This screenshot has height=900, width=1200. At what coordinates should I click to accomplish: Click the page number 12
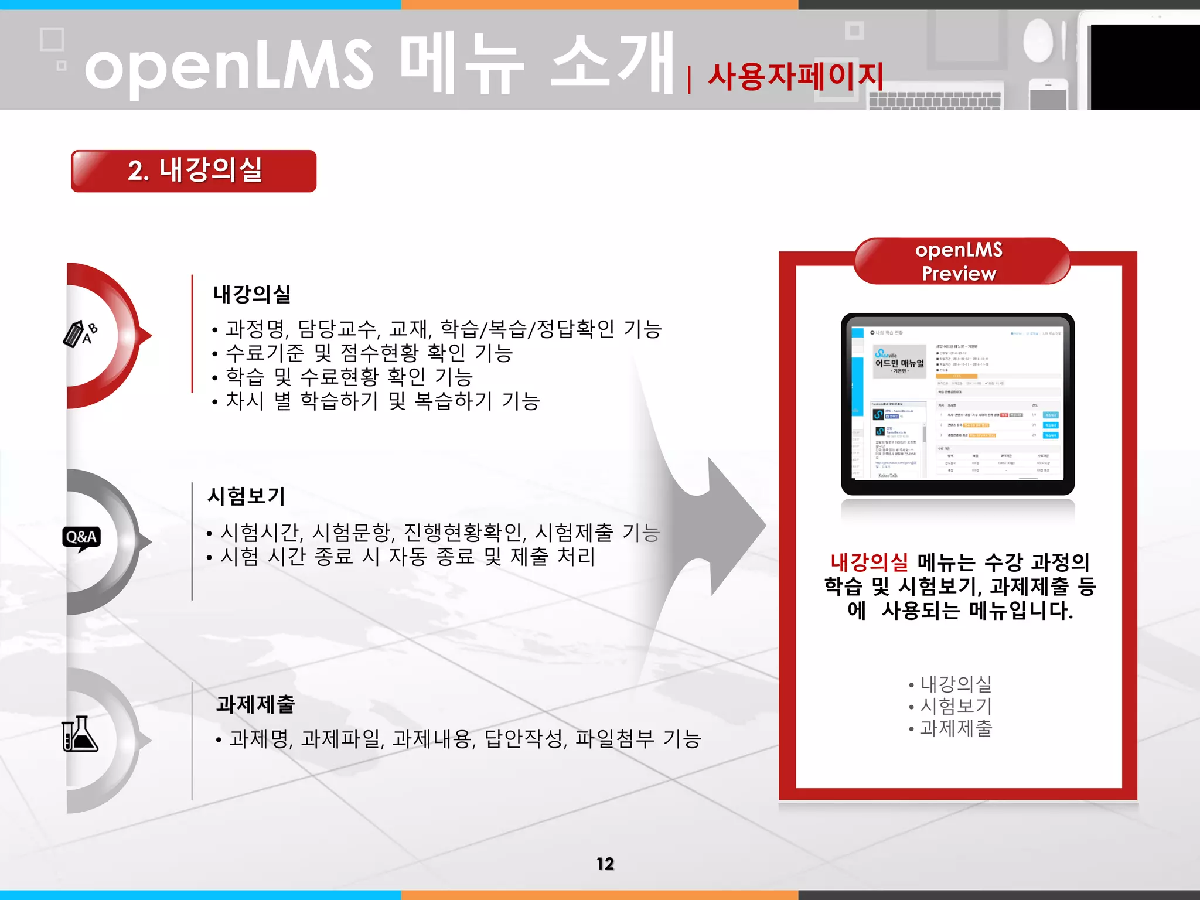click(x=605, y=864)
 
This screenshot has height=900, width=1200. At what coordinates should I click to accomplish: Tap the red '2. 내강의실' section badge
click(x=194, y=171)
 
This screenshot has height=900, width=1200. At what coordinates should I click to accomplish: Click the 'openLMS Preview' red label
click(x=959, y=261)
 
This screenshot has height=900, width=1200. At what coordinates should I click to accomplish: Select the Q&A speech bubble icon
click(x=81, y=538)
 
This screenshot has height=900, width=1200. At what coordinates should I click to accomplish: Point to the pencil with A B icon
click(x=80, y=334)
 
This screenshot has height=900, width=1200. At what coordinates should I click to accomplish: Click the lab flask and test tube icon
click(x=80, y=734)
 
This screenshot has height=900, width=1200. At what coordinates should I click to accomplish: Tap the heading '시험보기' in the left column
click(x=247, y=496)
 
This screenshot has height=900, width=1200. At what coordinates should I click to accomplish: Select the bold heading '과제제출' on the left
click(x=255, y=704)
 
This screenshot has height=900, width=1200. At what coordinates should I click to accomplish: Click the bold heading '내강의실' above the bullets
click(x=252, y=294)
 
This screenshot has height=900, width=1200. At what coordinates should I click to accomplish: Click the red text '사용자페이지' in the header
click(x=796, y=77)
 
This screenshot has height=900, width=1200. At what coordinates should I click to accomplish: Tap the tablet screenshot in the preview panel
click(x=957, y=404)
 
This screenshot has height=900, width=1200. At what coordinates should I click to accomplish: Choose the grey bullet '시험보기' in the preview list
click(x=956, y=706)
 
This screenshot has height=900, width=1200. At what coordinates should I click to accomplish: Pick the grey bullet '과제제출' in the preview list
click(x=956, y=728)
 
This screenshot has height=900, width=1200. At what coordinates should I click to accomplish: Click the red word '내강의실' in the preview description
click(x=870, y=562)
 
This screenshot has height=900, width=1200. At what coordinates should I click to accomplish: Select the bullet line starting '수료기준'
click(x=369, y=353)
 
